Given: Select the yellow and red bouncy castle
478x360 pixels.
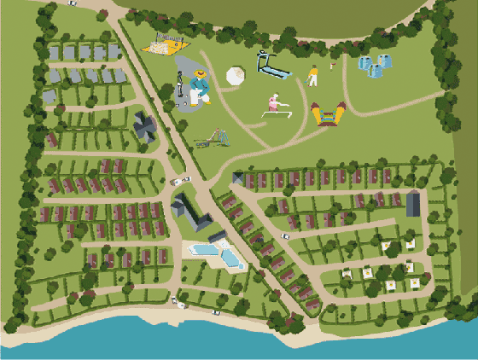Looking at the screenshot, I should point(328,113).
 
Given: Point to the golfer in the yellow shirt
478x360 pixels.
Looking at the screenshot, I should point(313,75).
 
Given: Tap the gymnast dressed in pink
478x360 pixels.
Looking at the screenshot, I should point(274,102).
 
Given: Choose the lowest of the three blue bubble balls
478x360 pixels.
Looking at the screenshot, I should point(375,71).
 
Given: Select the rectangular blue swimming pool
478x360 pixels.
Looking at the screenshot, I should point(202,250).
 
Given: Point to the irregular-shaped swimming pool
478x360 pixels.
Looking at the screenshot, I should point(230,254).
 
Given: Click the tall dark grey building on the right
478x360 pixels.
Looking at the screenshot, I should point(413,204).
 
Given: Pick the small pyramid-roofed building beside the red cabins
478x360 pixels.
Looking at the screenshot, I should point(237,177).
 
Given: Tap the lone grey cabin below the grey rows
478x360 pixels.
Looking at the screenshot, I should point(50,96).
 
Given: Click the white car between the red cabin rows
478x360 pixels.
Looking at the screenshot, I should point(181,180).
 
